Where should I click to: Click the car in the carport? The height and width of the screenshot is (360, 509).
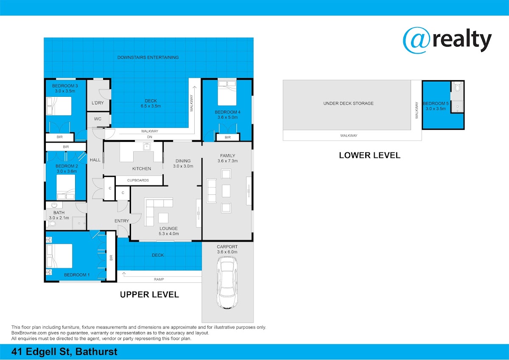227,282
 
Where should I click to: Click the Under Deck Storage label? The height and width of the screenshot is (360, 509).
348,103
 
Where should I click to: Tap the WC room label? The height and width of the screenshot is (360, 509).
98,119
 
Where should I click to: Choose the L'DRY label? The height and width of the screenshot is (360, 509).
98,103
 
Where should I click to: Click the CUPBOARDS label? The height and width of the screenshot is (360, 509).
138,180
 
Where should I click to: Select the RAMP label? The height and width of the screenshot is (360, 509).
159,279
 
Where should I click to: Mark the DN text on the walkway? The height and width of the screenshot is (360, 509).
149,137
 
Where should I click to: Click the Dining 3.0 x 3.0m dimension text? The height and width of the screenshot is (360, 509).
183,166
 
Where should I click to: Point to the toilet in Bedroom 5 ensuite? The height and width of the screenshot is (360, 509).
458,87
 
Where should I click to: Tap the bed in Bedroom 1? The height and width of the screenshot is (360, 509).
59,256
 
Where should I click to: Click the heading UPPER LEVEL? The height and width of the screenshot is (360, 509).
149,295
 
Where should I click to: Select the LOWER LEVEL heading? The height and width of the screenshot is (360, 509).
370,155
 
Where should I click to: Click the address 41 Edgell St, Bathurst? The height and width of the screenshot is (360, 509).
64,352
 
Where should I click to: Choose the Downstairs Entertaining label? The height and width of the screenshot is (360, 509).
148,57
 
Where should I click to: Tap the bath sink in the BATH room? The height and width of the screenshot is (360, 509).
54,205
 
